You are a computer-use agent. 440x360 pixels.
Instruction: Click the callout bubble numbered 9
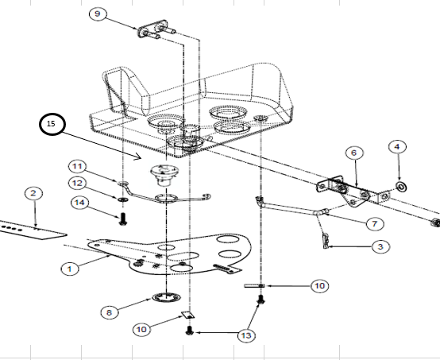pyautogui.click(x=98, y=14)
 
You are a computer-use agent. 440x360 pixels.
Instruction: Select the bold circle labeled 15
pyautogui.click(x=52, y=124)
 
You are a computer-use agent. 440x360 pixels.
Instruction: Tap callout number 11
pyautogui.click(x=77, y=167)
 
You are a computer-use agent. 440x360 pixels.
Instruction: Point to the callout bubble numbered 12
pyautogui.click(x=77, y=184)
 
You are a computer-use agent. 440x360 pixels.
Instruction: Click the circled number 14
pyautogui.click(x=80, y=203)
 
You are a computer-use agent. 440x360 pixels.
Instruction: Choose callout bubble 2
pyautogui.click(x=33, y=193)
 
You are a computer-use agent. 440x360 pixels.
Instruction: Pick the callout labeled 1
pyautogui.click(x=70, y=269)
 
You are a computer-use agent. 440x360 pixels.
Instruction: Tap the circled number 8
pyautogui.click(x=110, y=312)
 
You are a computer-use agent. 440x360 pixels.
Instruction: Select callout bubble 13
pyautogui.click(x=246, y=335)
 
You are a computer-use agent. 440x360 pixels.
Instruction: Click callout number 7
pyautogui.click(x=374, y=224)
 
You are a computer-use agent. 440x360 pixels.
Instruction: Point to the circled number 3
pyautogui.click(x=380, y=246)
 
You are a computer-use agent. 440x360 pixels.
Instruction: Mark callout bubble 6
pyautogui.click(x=354, y=153)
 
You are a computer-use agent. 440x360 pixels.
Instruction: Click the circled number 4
pyautogui.click(x=397, y=146)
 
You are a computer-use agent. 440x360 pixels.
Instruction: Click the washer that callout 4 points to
pyautogui.click(x=402, y=187)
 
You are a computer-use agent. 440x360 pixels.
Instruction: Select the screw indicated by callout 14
pyautogui.click(x=122, y=219)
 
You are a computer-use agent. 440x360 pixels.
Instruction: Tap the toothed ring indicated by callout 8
pyautogui.click(x=167, y=297)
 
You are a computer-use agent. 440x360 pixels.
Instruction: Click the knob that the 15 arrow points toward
pyautogui.click(x=164, y=175)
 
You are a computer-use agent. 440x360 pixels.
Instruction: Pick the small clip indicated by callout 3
pyautogui.click(x=326, y=241)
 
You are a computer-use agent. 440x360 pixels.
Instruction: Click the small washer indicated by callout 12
pyautogui.click(x=123, y=199)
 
